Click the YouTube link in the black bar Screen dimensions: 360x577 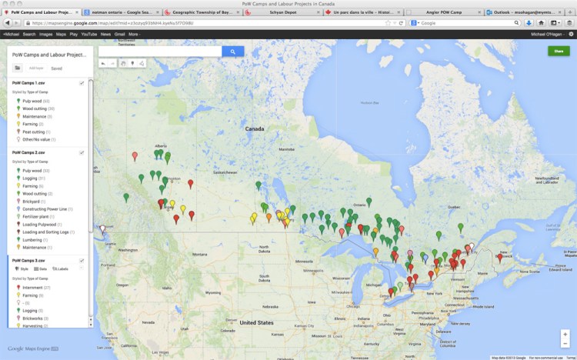coord(88,35)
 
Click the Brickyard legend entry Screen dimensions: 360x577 coord(32,202)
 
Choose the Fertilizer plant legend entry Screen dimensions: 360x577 coord(37,216)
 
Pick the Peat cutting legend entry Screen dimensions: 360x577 coord(33,132)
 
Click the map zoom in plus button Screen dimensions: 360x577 coord(565,334)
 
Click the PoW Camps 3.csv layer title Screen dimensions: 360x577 coord(28,260)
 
